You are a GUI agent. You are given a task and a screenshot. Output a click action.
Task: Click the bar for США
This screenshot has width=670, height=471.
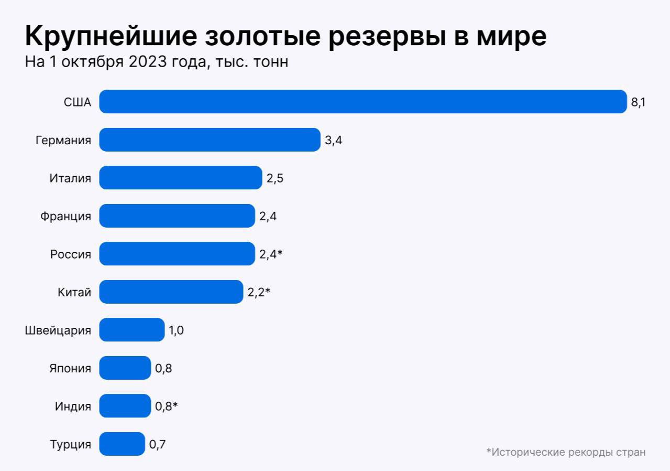coord(363,102)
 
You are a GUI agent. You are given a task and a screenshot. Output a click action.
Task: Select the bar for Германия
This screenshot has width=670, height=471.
coord(210,140)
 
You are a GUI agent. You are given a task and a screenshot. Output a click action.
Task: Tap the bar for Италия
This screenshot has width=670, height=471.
coord(180,178)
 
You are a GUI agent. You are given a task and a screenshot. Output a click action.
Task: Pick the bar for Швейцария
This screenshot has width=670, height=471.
coord(131,330)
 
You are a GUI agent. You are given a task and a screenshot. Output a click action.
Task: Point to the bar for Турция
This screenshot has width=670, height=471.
coord(122,444)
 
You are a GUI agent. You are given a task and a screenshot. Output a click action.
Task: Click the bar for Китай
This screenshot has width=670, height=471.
coord(171,292)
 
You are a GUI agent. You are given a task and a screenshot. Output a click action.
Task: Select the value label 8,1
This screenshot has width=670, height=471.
coord(638,102)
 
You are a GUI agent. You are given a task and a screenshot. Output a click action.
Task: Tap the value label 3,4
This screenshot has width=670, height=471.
coord(333,141)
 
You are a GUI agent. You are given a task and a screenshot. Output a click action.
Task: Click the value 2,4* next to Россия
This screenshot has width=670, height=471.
coord(271,254)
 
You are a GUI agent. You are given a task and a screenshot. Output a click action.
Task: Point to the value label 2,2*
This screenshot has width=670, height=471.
coord(259,292)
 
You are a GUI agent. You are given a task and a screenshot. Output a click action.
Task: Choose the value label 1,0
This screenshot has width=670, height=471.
coord(176,330)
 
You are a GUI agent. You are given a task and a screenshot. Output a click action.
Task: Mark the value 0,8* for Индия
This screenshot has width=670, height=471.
coord(167,406)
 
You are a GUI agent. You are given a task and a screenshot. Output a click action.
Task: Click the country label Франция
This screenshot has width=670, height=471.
coord(65,216)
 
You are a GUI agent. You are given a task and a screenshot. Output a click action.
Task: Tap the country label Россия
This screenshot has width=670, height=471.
coord(70,254)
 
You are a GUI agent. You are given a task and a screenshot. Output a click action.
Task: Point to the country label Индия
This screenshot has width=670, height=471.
coord(73,406)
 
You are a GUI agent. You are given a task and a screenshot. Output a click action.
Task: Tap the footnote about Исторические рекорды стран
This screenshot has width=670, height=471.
coord(566,452)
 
